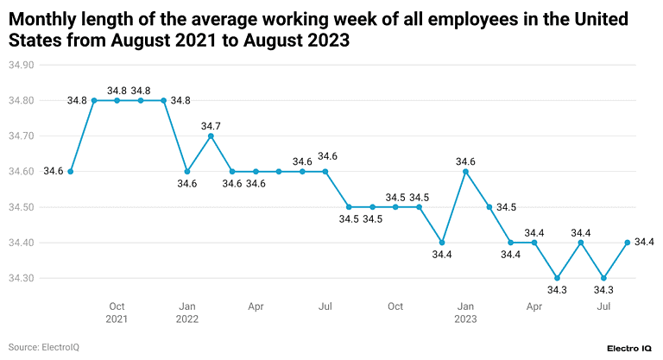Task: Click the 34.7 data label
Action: click(211, 126)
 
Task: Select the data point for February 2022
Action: click(210, 136)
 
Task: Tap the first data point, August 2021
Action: click(71, 171)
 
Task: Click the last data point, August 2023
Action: click(627, 243)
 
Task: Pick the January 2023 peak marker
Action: click(465, 171)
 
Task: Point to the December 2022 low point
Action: click(442, 243)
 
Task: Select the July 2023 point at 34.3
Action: click(604, 278)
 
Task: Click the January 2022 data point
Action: click(186, 171)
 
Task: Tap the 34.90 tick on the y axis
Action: click(20, 65)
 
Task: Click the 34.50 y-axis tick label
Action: click(20, 207)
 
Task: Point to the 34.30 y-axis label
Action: click(20, 279)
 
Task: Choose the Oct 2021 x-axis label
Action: click(117, 313)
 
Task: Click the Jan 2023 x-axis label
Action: click(465, 313)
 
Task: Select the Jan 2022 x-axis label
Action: click(186, 313)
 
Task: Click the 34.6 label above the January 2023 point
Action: click(465, 161)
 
